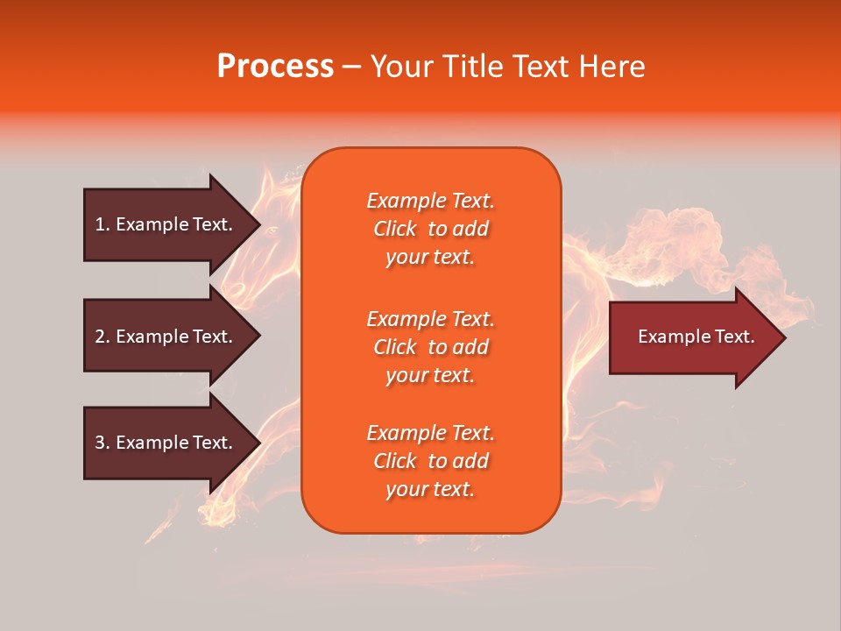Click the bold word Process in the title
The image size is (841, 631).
coord(275,66)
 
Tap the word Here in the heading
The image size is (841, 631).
coord(611,66)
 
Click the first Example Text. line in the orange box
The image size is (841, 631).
coord(431,201)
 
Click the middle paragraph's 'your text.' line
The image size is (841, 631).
coord(430,376)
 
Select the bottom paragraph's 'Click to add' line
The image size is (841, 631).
coord(431,461)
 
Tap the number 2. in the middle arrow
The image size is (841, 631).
coord(102,337)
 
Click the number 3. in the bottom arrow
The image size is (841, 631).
coord(102,443)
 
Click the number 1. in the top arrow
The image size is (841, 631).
coord(102,224)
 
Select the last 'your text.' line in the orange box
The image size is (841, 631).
coord(430,490)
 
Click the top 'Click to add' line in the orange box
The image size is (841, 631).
coord(431,230)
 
